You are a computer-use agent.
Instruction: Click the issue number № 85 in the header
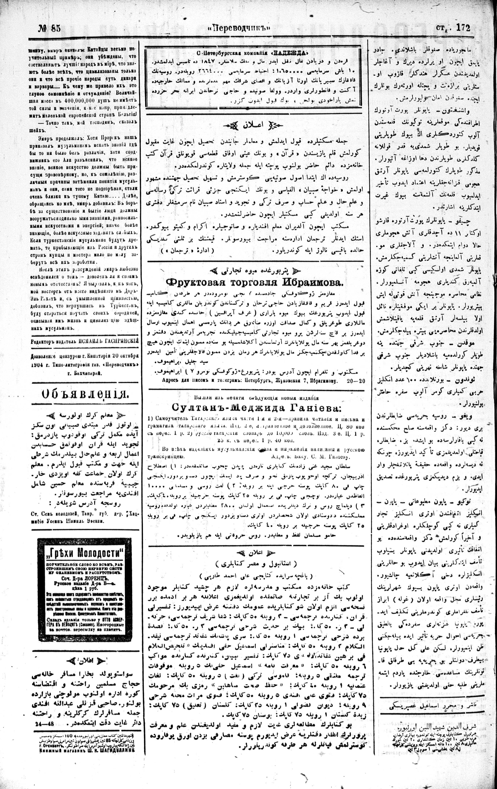49,28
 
